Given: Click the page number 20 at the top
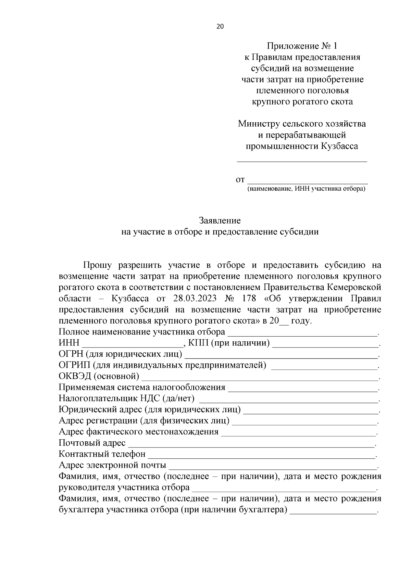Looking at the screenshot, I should coord(220,27).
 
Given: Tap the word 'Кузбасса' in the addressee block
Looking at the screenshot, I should coord(339,147).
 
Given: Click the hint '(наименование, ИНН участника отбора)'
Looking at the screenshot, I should coord(306,189).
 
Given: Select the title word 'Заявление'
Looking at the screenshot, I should coord(220,221).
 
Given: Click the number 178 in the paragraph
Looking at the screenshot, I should coord(249,298).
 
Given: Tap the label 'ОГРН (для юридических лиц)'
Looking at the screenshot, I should coord(120,354).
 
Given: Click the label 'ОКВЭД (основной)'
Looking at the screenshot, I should coord(99,376).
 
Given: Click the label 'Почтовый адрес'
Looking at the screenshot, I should coord(92,443).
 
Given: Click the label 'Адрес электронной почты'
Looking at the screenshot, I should coord(113,465).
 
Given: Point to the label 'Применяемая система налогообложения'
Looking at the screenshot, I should coord(142,388).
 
